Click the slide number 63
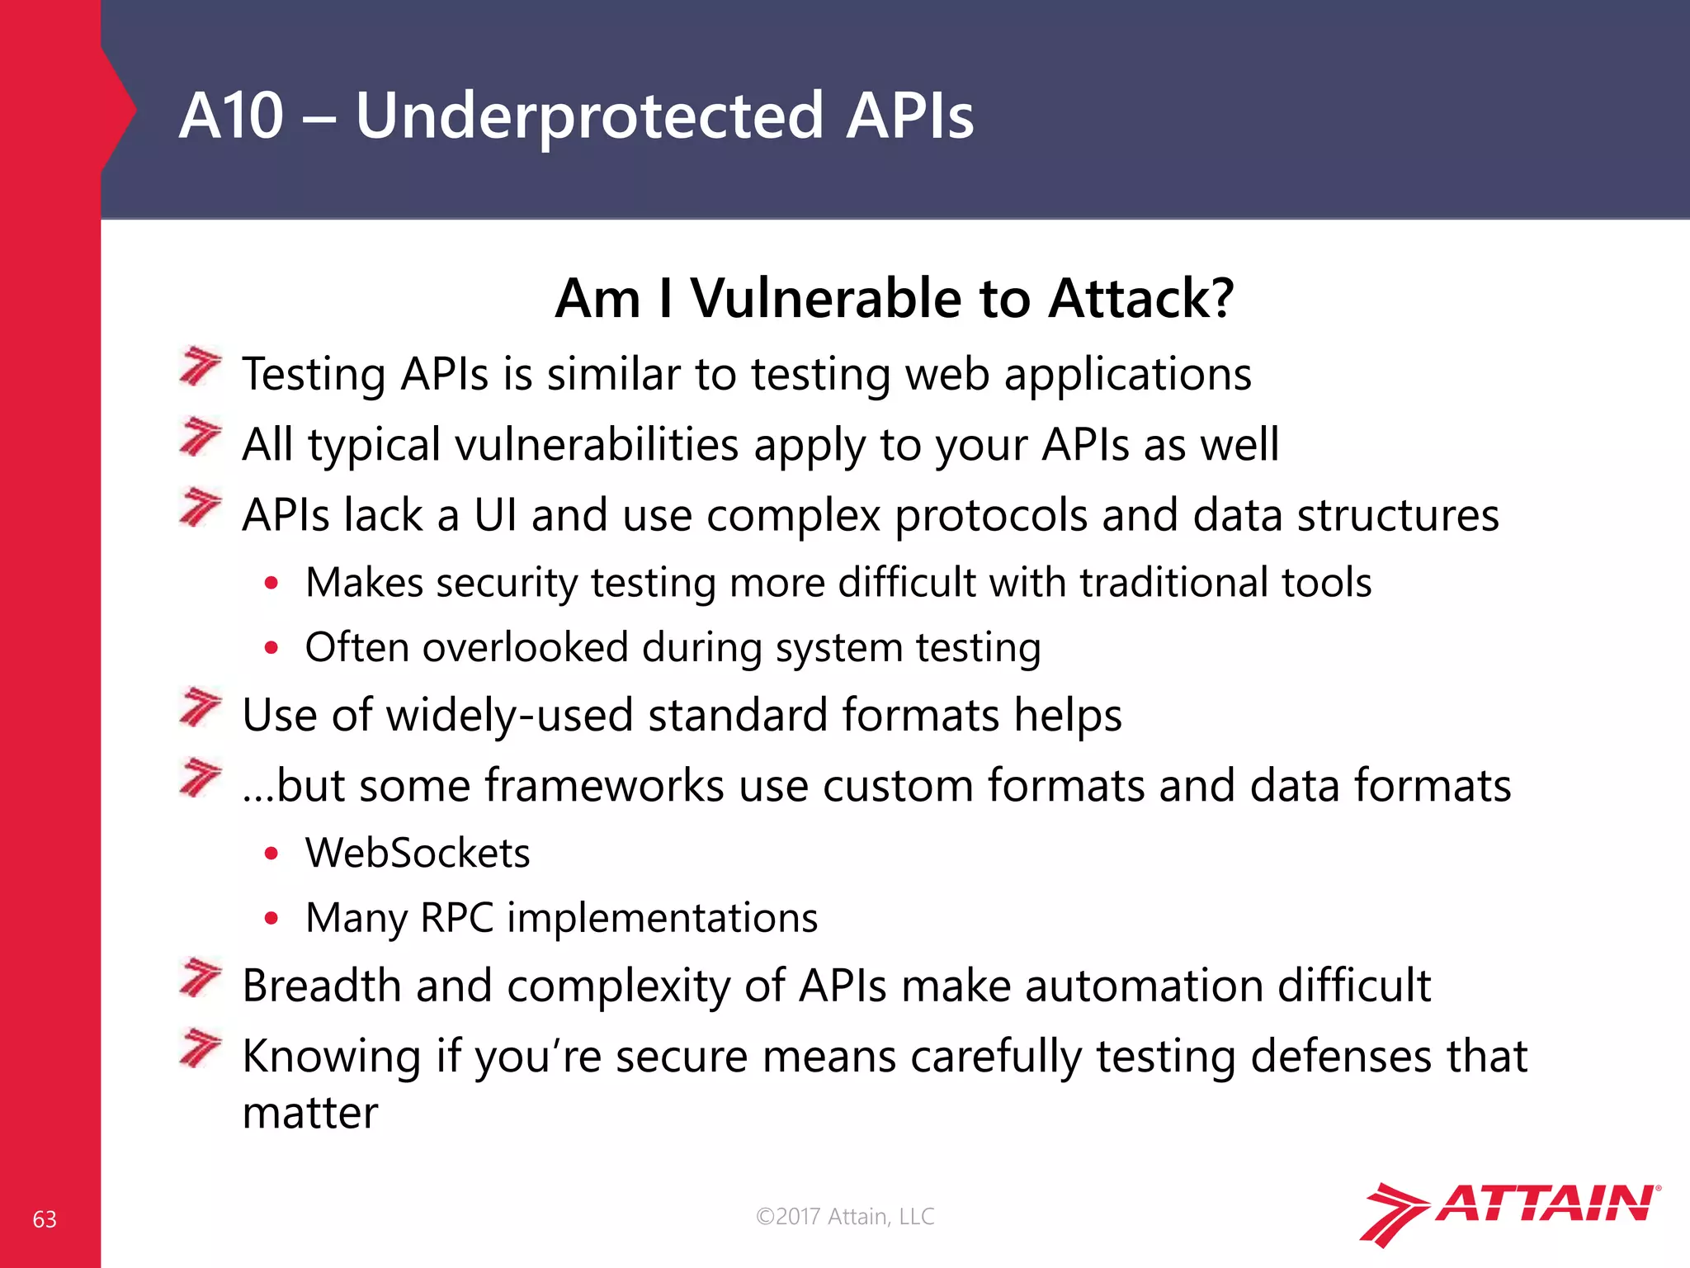tap(45, 1219)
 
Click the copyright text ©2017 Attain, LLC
tap(845, 1216)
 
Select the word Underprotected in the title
tap(589, 116)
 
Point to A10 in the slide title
tap(231, 116)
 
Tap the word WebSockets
tap(418, 853)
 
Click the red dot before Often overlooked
tap(271, 648)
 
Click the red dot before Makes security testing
tap(271, 584)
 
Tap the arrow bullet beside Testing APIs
tap(201, 367)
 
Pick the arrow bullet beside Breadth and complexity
tap(201, 978)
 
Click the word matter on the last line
tap(309, 1113)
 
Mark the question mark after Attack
tap(1219, 298)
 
